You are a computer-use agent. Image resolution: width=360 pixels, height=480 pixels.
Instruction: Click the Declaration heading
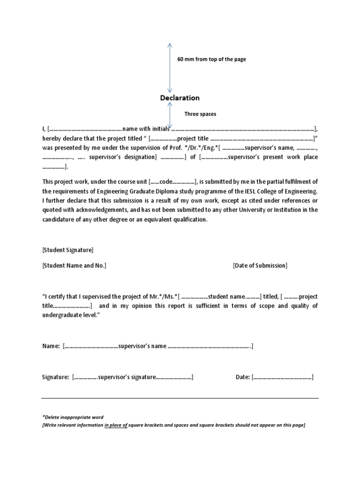pyautogui.click(x=180, y=98)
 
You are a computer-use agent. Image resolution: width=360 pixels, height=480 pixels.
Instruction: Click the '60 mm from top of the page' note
pyautogui.click(x=211, y=60)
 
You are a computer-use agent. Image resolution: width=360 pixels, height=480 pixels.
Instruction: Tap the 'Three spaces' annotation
pyautogui.click(x=201, y=114)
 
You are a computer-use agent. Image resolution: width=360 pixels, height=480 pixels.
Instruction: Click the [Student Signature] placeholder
pyautogui.click(x=67, y=250)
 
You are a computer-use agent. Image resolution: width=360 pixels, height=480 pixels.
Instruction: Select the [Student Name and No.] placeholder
pyautogui.click(x=74, y=266)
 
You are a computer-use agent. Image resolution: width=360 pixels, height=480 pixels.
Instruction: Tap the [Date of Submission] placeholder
pyautogui.click(x=260, y=266)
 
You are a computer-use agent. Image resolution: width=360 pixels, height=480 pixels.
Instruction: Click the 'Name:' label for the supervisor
pyautogui.click(x=51, y=346)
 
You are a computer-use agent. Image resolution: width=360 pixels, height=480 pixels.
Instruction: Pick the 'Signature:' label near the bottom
pyautogui.click(x=55, y=377)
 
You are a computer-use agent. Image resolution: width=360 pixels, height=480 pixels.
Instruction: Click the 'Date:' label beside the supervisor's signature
pyautogui.click(x=242, y=377)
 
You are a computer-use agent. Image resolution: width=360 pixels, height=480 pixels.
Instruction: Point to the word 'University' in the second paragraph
pyautogui.click(x=273, y=210)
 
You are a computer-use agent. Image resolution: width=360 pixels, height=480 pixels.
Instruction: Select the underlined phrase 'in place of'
pyautogui.click(x=116, y=425)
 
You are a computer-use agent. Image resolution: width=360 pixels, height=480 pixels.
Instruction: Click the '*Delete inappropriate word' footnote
pyautogui.click(x=73, y=417)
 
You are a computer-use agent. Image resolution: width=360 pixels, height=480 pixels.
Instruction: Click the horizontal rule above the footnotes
pyautogui.click(x=180, y=398)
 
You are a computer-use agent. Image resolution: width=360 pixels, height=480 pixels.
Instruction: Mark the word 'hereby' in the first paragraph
pyautogui.click(x=51, y=139)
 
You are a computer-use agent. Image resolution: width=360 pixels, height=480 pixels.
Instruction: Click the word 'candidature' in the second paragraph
pyautogui.click(x=59, y=219)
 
